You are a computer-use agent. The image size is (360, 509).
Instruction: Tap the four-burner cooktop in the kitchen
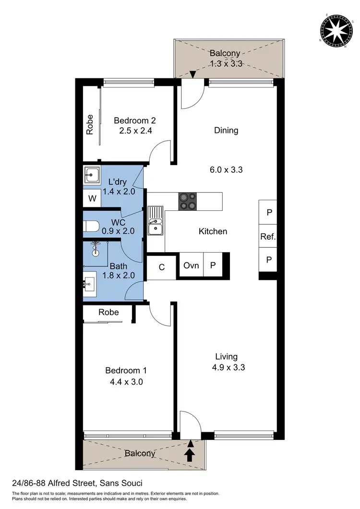tap(188, 201)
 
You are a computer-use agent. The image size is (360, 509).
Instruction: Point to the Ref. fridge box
tap(267, 236)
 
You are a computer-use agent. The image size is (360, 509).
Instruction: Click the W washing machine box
tap(92, 198)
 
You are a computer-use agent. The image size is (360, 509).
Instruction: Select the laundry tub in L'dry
tap(91, 175)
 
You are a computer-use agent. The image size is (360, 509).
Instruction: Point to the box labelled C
tap(162, 267)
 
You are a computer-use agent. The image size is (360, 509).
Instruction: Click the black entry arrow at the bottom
tap(191, 454)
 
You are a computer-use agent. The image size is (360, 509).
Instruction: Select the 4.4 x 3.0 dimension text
tap(126, 382)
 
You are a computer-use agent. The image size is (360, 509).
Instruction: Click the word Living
tap(226, 356)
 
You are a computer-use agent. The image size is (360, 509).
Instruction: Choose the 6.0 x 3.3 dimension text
tap(226, 170)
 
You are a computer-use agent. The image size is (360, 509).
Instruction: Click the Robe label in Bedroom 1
tap(108, 312)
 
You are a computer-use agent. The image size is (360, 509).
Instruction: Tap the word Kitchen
tap(213, 231)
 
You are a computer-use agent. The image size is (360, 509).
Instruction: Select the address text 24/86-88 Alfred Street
tap(77, 483)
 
